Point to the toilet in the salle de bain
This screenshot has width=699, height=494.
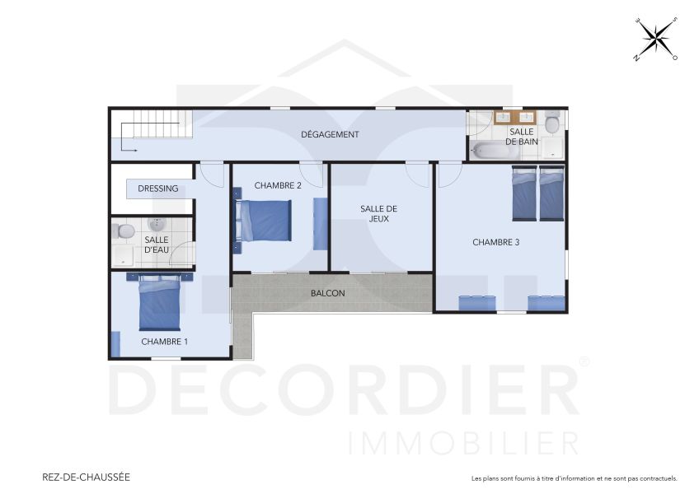pyautogui.click(x=554, y=123)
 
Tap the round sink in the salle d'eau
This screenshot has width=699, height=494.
pyautogui.click(x=157, y=224)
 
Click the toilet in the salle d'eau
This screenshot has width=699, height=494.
pyautogui.click(x=124, y=231)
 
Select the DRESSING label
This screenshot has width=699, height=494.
pyautogui.click(x=157, y=189)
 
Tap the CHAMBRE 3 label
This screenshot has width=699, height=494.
pyautogui.click(x=495, y=242)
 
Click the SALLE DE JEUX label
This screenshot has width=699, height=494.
pyautogui.click(x=378, y=214)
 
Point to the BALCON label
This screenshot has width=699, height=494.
pyautogui.click(x=327, y=293)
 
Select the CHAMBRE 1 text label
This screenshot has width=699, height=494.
pyautogui.click(x=164, y=341)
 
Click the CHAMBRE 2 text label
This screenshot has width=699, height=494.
pyautogui.click(x=278, y=185)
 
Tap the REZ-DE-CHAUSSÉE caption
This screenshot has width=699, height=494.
pyautogui.click(x=86, y=477)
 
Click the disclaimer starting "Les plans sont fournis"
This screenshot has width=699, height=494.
pyautogui.click(x=574, y=478)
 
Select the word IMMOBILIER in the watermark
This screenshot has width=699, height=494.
pyautogui.click(x=463, y=442)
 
